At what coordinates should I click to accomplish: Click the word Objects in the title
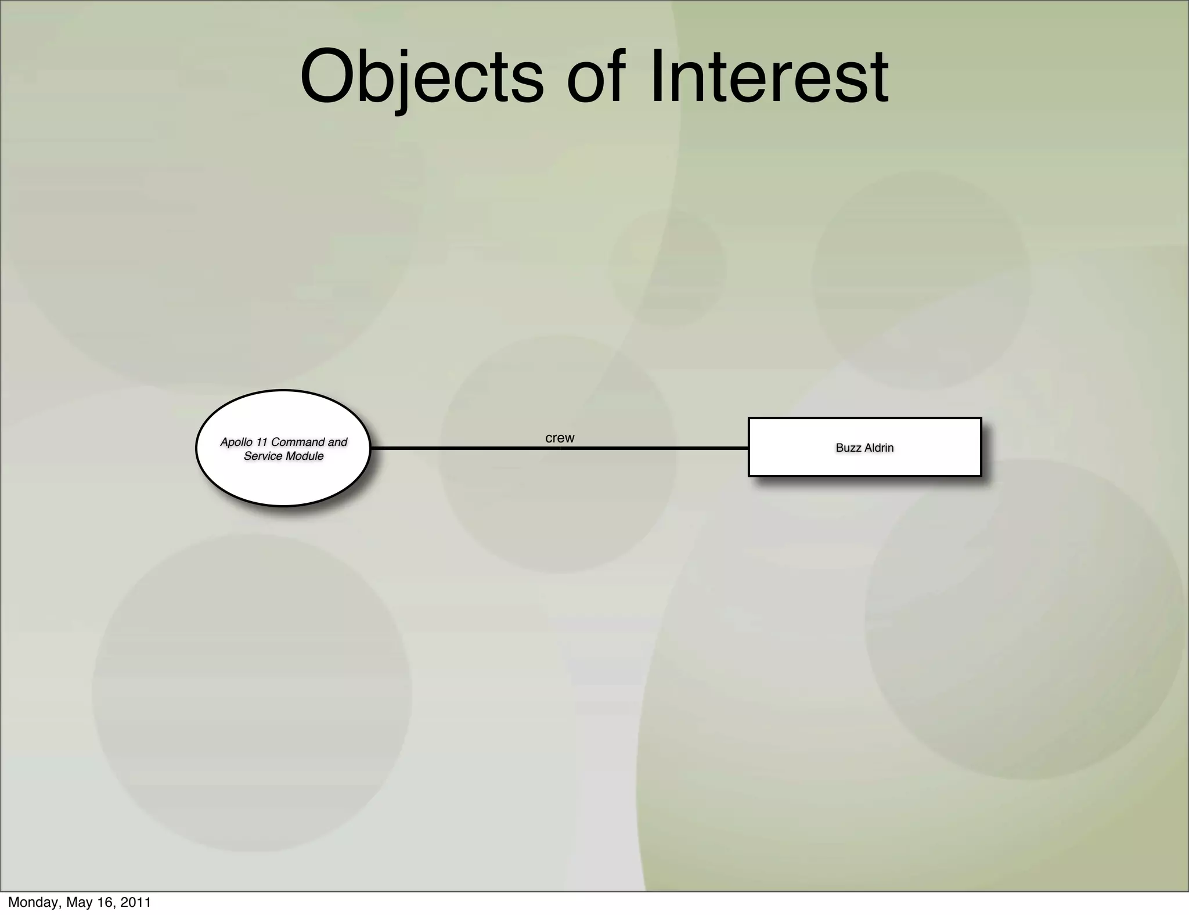coord(422,77)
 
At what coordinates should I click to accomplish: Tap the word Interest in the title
coord(769,77)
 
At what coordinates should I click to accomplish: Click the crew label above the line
coord(560,438)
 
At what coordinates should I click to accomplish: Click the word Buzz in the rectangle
coord(848,448)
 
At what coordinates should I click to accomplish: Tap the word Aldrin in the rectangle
coord(878,448)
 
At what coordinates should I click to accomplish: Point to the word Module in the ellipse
coord(304,456)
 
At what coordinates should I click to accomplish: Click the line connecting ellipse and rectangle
coord(464,448)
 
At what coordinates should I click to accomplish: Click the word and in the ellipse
coord(337,442)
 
